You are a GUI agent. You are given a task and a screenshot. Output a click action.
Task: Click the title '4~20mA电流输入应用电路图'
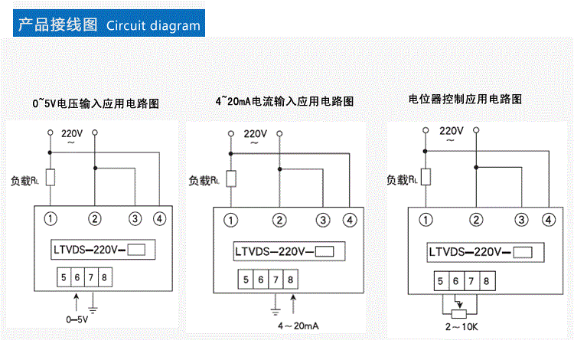(285, 100)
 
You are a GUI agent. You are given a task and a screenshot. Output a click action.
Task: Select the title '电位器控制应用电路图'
(465, 99)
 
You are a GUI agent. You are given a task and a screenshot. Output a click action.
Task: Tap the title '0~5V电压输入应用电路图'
(99, 103)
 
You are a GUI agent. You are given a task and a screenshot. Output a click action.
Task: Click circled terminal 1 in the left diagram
(51, 219)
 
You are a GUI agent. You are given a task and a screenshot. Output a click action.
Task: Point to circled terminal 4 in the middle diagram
(350, 221)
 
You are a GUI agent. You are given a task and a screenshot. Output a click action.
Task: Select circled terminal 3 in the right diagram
(522, 220)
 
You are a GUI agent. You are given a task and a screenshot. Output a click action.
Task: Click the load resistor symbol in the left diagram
(51, 178)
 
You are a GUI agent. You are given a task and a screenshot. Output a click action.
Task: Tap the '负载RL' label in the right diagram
(403, 180)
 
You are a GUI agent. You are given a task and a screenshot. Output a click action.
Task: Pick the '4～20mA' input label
(298, 326)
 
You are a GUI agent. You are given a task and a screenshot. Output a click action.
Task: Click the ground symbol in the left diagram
(93, 309)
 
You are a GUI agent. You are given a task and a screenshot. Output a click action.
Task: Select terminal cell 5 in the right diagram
(440, 281)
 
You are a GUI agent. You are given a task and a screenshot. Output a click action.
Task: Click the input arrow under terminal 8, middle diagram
(291, 299)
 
